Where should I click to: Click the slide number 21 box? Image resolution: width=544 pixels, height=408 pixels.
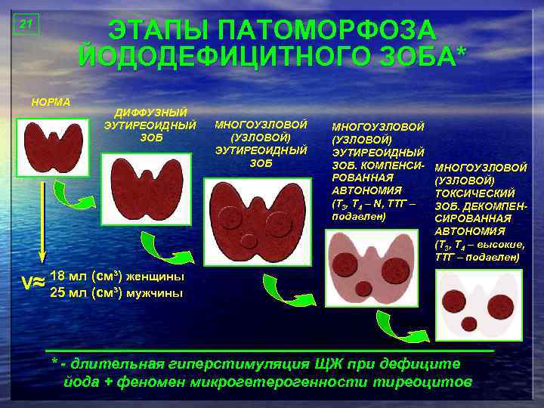click(x=26, y=24)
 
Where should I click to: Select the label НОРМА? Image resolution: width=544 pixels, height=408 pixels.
click(x=50, y=102)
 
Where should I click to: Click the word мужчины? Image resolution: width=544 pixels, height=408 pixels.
click(x=154, y=293)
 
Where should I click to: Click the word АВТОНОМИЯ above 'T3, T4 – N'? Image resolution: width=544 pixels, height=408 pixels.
click(x=366, y=190)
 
